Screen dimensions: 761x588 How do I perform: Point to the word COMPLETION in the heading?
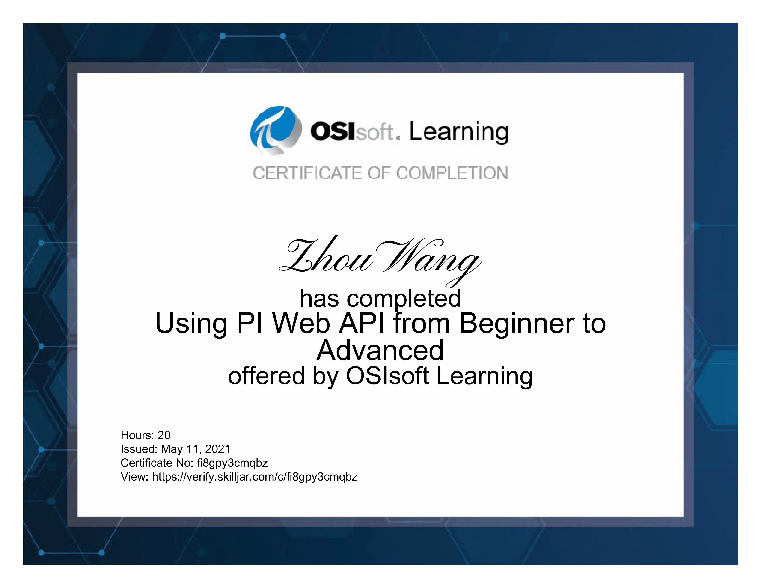point(452,173)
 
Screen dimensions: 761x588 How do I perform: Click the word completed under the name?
point(404,299)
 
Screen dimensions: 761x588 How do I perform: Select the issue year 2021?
point(217,449)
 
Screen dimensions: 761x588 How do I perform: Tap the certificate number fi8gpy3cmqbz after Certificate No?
point(232,463)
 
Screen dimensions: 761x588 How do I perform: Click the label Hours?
point(137,435)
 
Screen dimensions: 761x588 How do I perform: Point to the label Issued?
point(139,449)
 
